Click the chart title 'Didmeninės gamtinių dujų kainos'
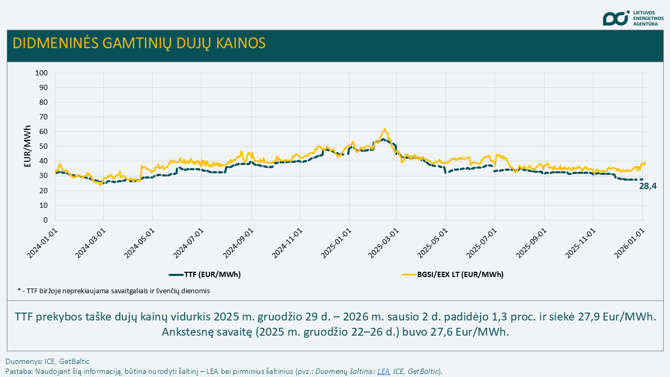click(x=139, y=43)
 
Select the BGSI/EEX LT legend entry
click(x=452, y=274)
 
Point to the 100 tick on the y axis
click(x=41, y=73)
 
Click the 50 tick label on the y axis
click(x=43, y=147)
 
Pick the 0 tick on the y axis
click(x=46, y=220)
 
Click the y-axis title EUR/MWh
click(x=28, y=146)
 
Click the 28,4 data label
click(x=647, y=186)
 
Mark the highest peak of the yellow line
click(x=385, y=129)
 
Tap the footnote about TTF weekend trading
click(x=114, y=291)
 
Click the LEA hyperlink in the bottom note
click(x=384, y=371)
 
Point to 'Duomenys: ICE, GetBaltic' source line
click(x=48, y=361)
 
